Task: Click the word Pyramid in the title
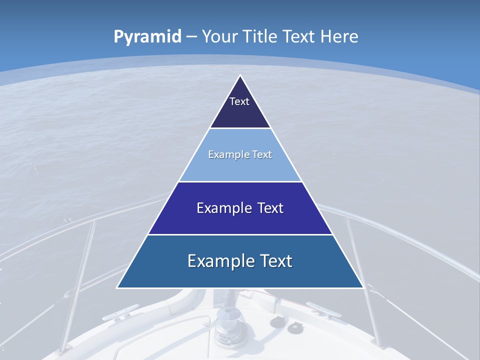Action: [147, 37]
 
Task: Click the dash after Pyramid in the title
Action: [191, 37]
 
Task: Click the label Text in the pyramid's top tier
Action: [239, 101]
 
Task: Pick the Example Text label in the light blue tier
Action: [240, 154]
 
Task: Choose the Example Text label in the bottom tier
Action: [240, 261]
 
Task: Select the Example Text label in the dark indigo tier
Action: [240, 208]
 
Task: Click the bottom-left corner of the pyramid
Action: [117, 287]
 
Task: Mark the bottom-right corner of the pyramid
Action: [363, 287]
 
